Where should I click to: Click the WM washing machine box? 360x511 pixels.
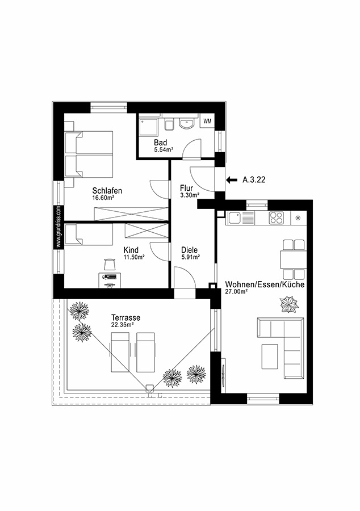(x=208, y=121)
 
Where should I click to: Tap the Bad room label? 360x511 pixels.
(x=160, y=142)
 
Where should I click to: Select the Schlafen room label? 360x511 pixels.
(x=107, y=191)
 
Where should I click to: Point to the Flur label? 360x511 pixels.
(x=187, y=188)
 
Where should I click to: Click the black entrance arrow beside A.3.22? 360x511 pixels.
(x=231, y=180)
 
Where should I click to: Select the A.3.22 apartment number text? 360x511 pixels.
(x=254, y=180)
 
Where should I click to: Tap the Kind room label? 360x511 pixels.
(x=131, y=249)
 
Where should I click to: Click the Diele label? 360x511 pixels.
(x=189, y=249)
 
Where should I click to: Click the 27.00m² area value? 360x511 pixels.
(x=237, y=291)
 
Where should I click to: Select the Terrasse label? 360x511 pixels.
(x=126, y=317)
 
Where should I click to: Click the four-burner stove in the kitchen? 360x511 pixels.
(x=276, y=217)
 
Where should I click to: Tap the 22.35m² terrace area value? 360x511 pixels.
(x=122, y=325)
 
